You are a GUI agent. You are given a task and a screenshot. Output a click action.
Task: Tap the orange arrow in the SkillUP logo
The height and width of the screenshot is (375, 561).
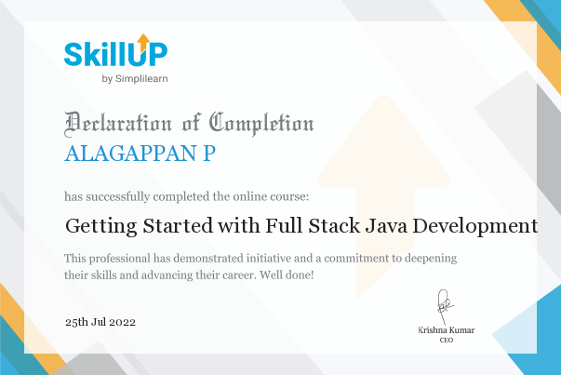click(142, 41)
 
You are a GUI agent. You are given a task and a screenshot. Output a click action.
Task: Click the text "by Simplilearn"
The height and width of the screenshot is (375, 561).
click(134, 78)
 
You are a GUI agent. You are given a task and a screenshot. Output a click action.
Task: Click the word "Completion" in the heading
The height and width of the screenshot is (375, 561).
click(261, 123)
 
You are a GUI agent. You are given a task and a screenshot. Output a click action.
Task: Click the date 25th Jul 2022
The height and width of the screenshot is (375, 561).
click(100, 321)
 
